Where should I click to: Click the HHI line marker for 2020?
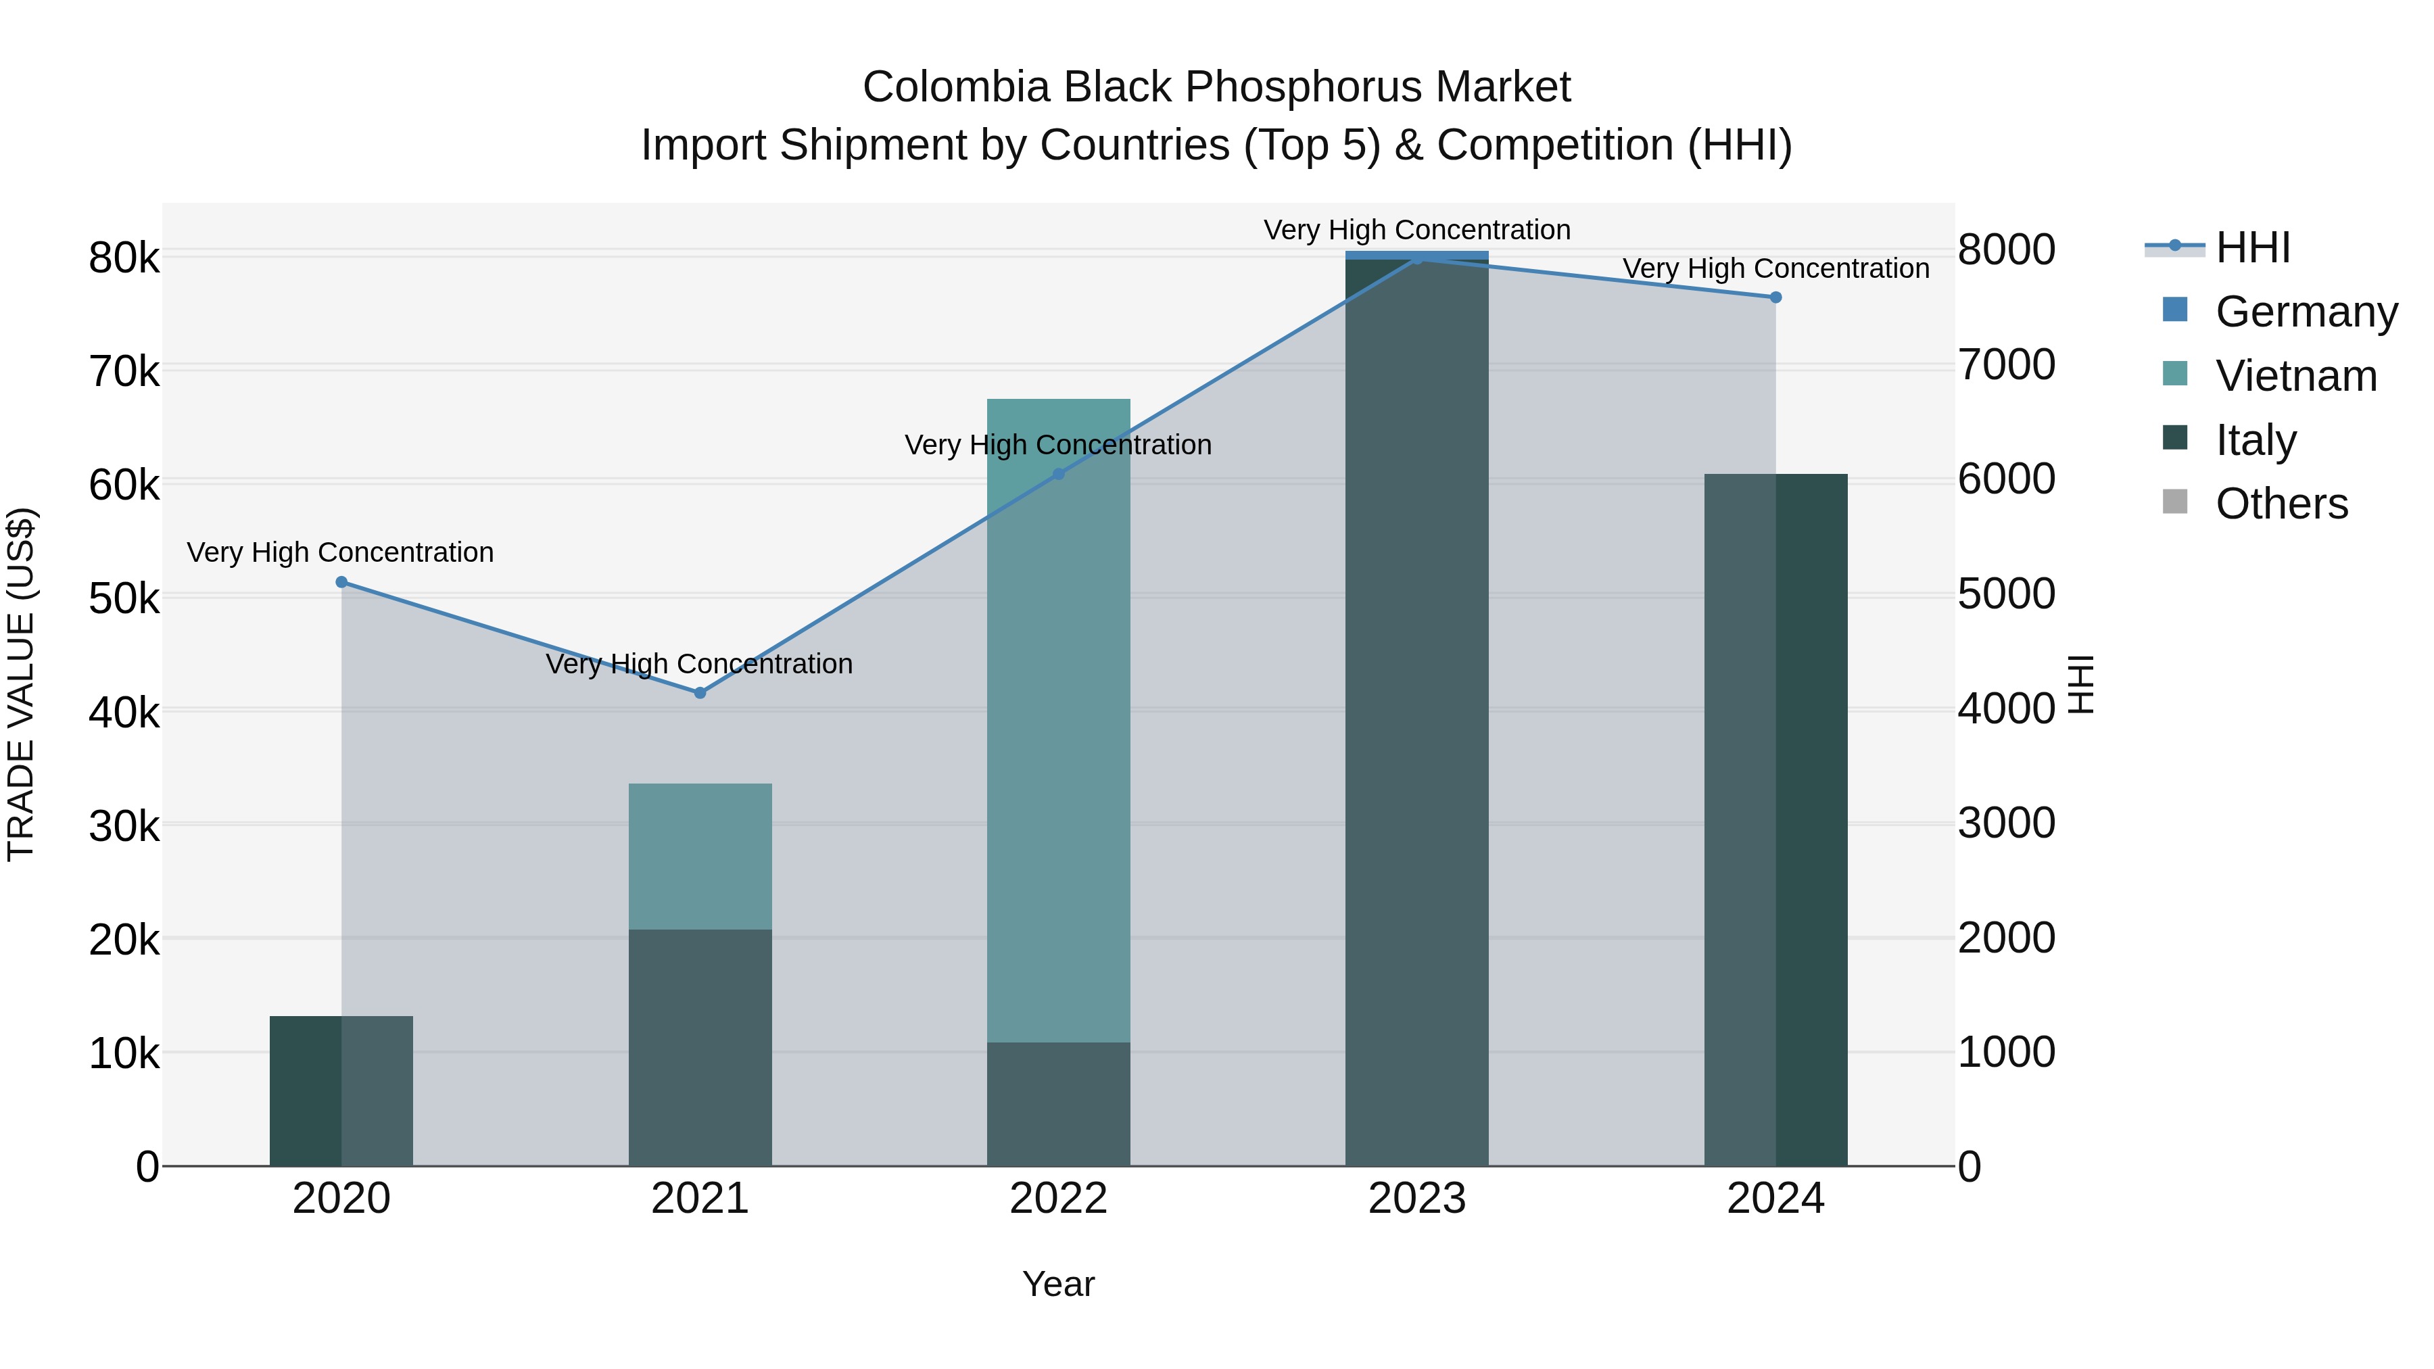click(341, 582)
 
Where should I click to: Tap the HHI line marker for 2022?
click(1058, 475)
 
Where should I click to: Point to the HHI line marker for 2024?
click(1775, 297)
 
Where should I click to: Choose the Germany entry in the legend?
click(2306, 312)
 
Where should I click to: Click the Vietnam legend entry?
click(2295, 376)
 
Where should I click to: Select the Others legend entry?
click(2281, 504)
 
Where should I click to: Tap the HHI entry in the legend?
click(2253, 247)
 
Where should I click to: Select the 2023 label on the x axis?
click(1416, 1199)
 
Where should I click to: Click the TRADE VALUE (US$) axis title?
click(21, 684)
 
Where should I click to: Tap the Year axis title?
click(1058, 1284)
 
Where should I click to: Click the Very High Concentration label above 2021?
click(699, 664)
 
